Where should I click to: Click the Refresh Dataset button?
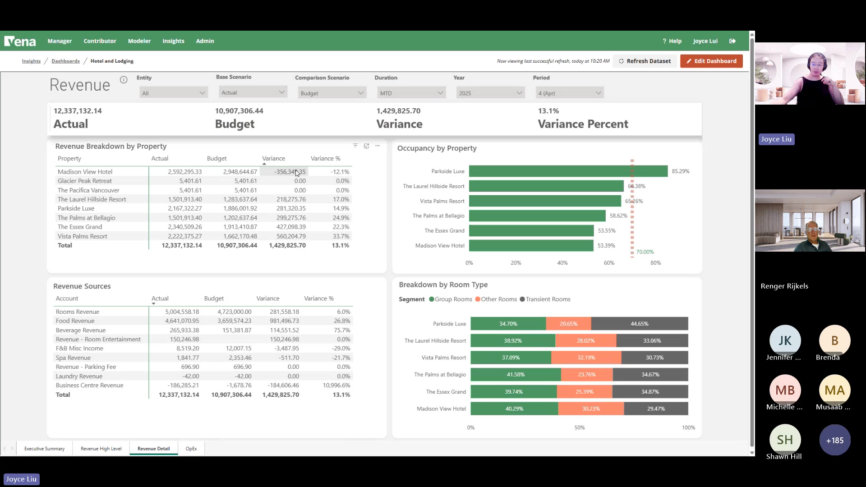pyautogui.click(x=645, y=61)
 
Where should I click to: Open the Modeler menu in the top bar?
pyautogui.click(x=139, y=41)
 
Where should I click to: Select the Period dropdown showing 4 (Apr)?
pyautogui.click(x=569, y=93)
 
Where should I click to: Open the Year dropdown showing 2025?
pyautogui.click(x=490, y=93)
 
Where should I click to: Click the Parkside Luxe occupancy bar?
pyautogui.click(x=568, y=171)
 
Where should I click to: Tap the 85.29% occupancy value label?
pyautogui.click(x=680, y=171)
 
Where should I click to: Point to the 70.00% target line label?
pyautogui.click(x=645, y=252)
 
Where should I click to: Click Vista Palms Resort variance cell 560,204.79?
pyautogui.click(x=291, y=236)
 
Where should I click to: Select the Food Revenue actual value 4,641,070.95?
pyautogui.click(x=182, y=321)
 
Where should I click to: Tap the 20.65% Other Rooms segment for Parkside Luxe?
pyautogui.click(x=568, y=324)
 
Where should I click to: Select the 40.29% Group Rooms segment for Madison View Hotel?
pyautogui.click(x=514, y=409)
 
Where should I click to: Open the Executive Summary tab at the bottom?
pyautogui.click(x=44, y=449)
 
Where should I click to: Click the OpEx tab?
pyautogui.click(x=191, y=449)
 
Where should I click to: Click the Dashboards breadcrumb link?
pyautogui.click(x=65, y=61)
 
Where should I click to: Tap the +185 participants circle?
pyautogui.click(x=834, y=440)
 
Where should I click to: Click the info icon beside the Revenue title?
pyautogui.click(x=124, y=80)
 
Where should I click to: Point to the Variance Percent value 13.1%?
pyautogui.click(x=548, y=111)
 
